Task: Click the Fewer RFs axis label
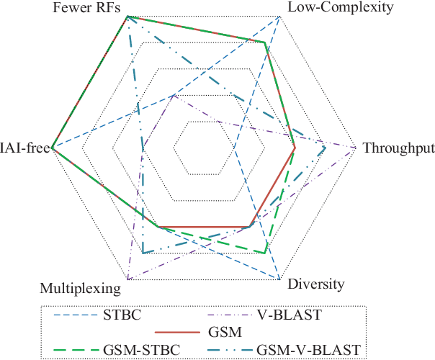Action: tap(84, 8)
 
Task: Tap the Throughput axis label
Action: tap(398, 149)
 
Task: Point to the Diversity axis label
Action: tap(315, 284)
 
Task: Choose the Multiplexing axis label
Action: tap(79, 289)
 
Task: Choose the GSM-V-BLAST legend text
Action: tap(308, 349)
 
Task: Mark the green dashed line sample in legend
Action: tap(79, 350)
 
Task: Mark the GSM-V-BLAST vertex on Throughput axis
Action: tap(326, 148)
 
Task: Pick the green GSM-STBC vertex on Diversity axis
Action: tap(266, 253)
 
